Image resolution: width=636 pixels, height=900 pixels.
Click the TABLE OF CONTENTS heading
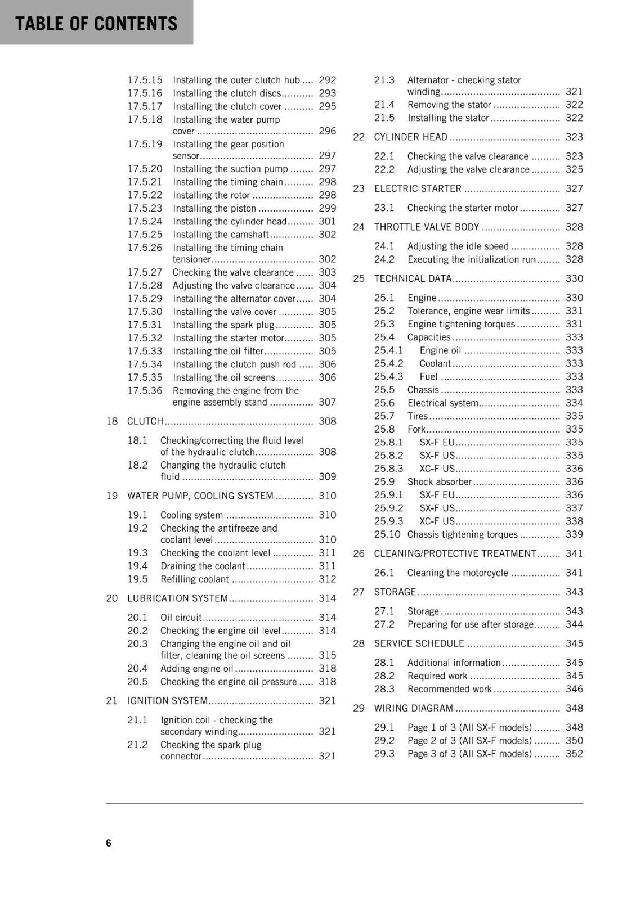point(96,23)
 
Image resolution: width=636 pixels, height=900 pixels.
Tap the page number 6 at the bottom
point(109,843)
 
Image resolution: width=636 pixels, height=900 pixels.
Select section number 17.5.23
point(145,208)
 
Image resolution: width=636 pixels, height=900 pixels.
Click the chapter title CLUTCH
point(145,421)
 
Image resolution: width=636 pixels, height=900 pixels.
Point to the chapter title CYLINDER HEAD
point(411,137)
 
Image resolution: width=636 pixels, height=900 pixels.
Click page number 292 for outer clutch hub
point(327,80)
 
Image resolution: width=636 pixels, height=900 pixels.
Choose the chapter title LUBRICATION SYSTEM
point(177,598)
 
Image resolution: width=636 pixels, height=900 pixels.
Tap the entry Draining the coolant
point(203,566)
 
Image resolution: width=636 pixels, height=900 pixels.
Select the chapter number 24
point(359,227)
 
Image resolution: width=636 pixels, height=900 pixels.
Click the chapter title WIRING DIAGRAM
point(414,709)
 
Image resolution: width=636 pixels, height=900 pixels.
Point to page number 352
point(574,754)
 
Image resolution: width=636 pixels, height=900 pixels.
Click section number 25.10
point(387,535)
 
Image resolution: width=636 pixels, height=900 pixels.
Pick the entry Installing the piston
point(214,208)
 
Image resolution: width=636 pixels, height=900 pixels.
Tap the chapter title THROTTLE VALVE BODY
point(427,227)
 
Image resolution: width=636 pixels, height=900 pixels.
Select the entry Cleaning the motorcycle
point(458,573)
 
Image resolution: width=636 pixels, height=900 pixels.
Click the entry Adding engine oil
point(196,669)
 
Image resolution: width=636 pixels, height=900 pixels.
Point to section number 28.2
point(384,676)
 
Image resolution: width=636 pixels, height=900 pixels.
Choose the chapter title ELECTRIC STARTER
point(418,189)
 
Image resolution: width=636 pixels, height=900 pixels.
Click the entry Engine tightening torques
point(461,325)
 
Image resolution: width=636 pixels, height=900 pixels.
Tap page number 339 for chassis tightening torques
point(574,535)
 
